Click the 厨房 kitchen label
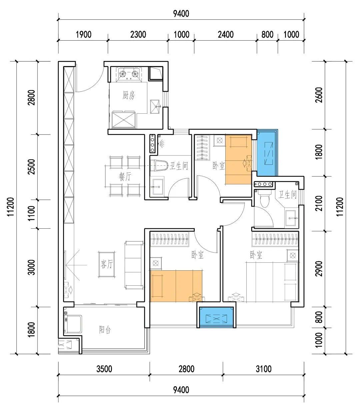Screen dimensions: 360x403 pos(128,95)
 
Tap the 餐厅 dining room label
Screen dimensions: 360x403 pos(125,176)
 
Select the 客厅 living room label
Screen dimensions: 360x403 pos(107,264)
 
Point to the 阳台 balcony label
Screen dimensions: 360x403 pos(105,330)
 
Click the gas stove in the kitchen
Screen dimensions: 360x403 pos(129,74)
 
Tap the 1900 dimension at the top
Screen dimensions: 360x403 pos(84,34)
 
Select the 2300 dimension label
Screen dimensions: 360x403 pos(138,34)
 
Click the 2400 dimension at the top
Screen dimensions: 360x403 pos(226,34)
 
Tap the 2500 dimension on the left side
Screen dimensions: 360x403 pos(31,167)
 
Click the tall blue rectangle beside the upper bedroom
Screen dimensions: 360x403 pos(267,153)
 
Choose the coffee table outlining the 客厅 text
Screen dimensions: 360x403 pos(107,264)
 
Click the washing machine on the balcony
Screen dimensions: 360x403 pos(73,324)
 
